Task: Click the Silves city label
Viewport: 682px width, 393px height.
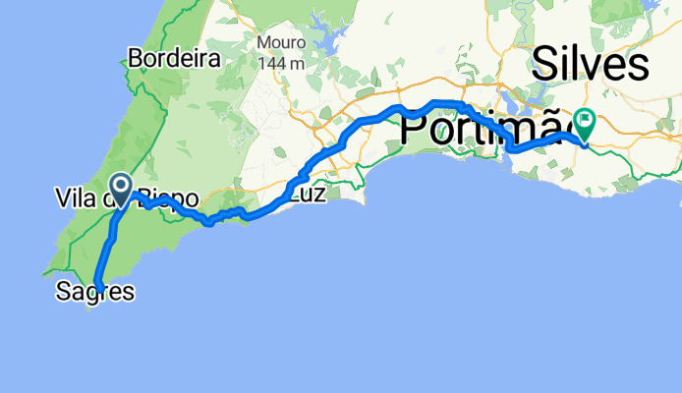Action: pos(591,66)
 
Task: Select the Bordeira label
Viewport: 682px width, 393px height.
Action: pos(174,58)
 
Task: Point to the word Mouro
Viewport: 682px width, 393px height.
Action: pos(279,43)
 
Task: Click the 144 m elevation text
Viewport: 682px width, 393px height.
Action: pos(279,62)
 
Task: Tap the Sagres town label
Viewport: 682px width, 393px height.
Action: pos(95,291)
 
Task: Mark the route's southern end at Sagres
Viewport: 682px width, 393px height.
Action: pos(99,286)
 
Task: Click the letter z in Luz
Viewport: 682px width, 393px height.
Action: pos(318,196)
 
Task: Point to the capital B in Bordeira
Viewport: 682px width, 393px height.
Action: pos(136,58)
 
